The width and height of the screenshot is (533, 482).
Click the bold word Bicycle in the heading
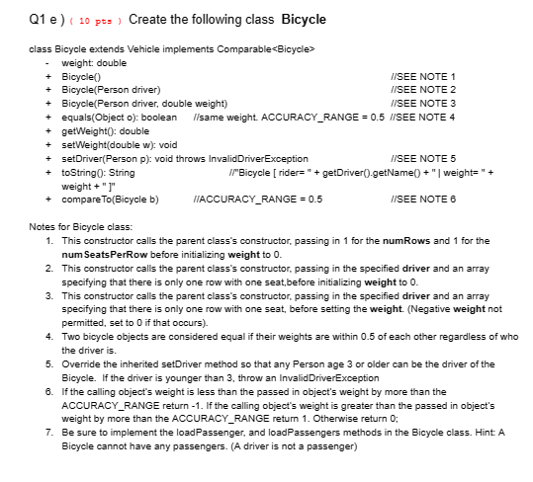click(x=303, y=19)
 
